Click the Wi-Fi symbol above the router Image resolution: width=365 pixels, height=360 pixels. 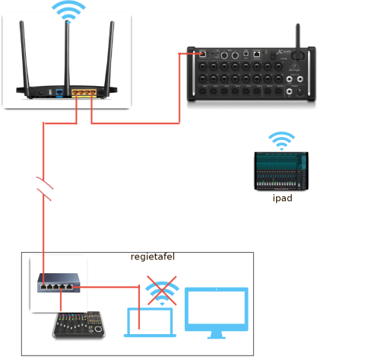[68, 10]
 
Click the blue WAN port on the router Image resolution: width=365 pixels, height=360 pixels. [59, 93]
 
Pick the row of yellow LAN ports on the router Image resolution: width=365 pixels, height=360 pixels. [84, 93]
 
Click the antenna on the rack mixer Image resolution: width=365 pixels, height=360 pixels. [297, 37]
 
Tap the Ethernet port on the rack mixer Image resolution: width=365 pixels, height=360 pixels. [202, 54]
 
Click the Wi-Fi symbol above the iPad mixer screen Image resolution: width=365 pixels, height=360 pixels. [281, 140]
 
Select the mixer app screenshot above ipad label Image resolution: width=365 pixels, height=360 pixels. [282, 171]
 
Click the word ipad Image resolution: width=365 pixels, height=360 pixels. [282, 199]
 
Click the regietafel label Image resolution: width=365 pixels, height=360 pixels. [152, 257]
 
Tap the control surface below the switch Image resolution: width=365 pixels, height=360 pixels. [78, 326]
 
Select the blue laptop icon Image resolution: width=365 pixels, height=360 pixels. [151, 322]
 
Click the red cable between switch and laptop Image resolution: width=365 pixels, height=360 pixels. [114, 287]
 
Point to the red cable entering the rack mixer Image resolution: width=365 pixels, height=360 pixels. [182, 54]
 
